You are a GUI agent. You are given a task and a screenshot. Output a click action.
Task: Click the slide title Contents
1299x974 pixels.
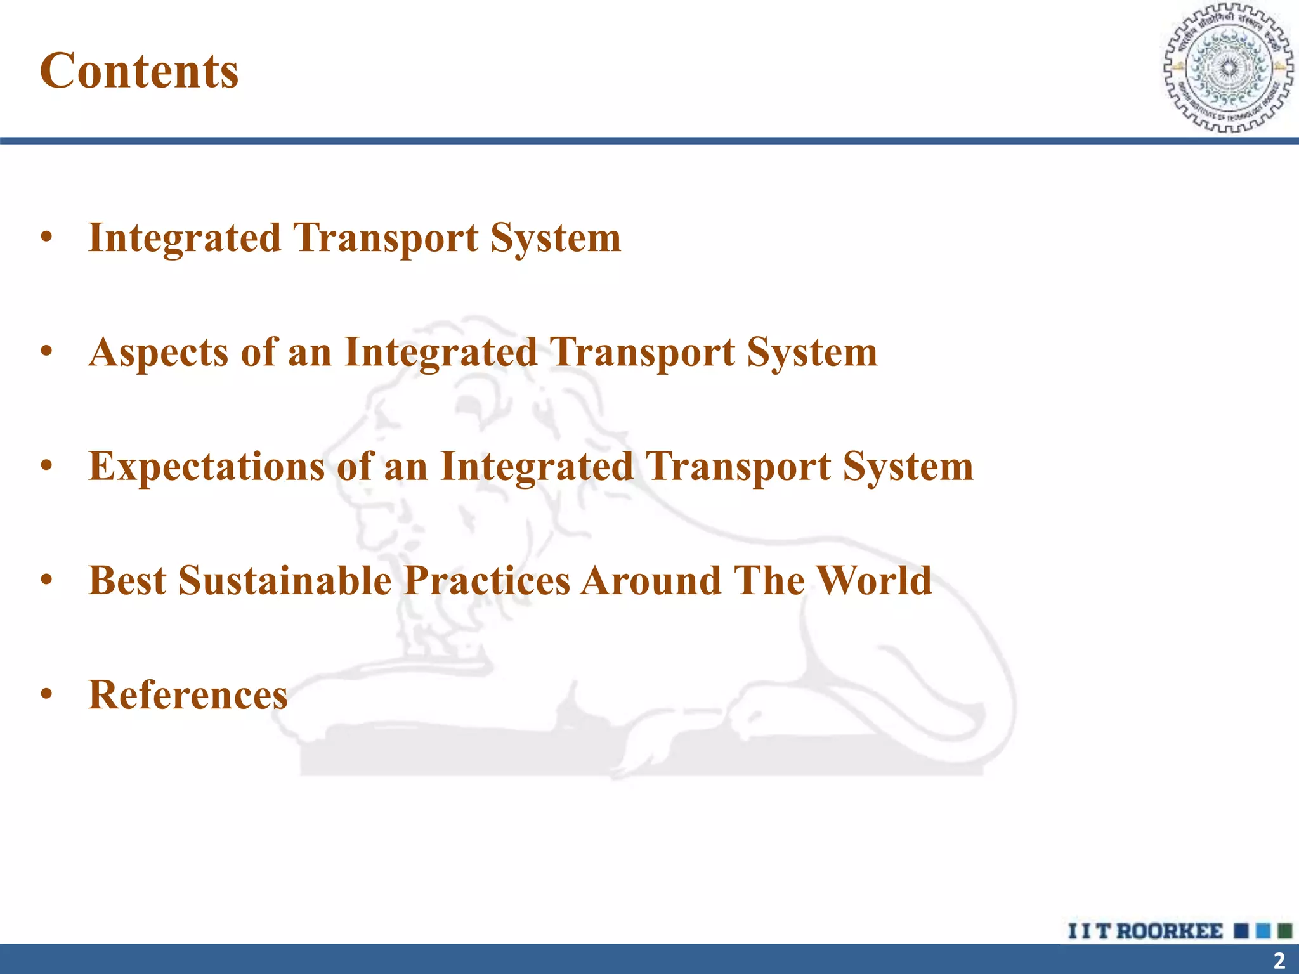[139, 70]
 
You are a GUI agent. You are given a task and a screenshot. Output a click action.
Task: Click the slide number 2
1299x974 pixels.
[1279, 960]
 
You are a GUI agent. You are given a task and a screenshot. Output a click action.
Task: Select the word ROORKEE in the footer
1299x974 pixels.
[1169, 931]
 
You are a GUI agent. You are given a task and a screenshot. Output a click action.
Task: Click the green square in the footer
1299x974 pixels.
[1285, 931]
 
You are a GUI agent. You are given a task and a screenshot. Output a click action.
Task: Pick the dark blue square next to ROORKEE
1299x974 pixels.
[1241, 931]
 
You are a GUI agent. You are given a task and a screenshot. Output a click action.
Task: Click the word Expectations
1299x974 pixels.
[207, 467]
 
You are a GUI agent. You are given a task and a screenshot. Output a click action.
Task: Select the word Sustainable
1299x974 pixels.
[285, 580]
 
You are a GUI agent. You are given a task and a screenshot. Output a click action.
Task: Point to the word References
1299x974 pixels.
[188, 694]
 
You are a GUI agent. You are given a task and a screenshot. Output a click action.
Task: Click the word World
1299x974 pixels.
[874, 580]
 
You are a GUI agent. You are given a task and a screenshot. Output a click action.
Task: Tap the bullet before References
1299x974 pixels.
[46, 694]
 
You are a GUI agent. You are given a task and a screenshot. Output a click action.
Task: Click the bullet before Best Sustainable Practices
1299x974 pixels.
[46, 580]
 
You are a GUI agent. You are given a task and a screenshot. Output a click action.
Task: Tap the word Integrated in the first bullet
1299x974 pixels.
[185, 238]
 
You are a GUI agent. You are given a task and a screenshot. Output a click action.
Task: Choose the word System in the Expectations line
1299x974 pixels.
[908, 467]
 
